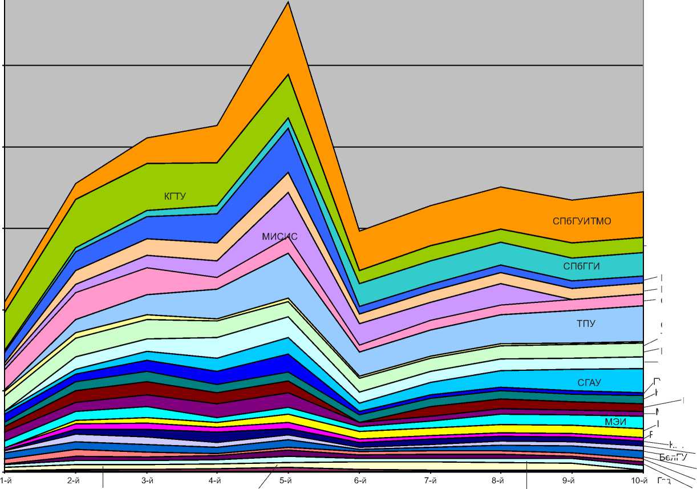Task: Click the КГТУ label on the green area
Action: (175, 197)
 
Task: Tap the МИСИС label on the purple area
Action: (279, 237)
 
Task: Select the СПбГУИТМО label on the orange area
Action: (582, 221)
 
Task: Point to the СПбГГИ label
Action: (582, 266)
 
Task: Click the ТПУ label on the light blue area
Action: (586, 324)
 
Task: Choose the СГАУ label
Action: (589, 383)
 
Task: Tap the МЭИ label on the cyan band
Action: (615, 422)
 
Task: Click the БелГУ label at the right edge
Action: (673, 457)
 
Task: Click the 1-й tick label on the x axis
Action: (6, 481)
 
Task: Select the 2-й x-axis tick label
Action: (73, 481)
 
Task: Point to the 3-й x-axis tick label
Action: (147, 481)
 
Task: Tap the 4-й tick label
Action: (215, 481)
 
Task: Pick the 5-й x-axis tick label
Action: (286, 481)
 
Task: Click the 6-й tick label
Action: (359, 481)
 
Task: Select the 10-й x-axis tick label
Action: (641, 481)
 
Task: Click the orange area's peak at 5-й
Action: (289, 3)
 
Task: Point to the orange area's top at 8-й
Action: (501, 187)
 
